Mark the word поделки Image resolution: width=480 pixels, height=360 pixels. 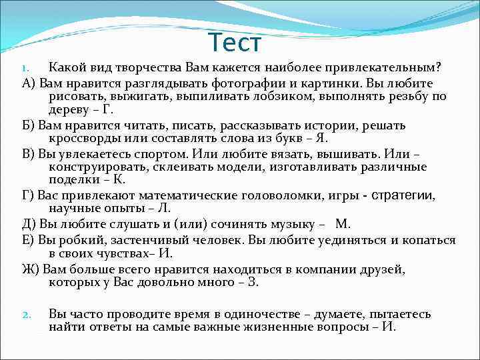pyautogui.click(x=73, y=181)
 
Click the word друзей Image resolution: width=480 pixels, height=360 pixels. pyautogui.click(x=386, y=269)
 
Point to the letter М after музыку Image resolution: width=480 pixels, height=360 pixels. pyautogui.click(x=342, y=223)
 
